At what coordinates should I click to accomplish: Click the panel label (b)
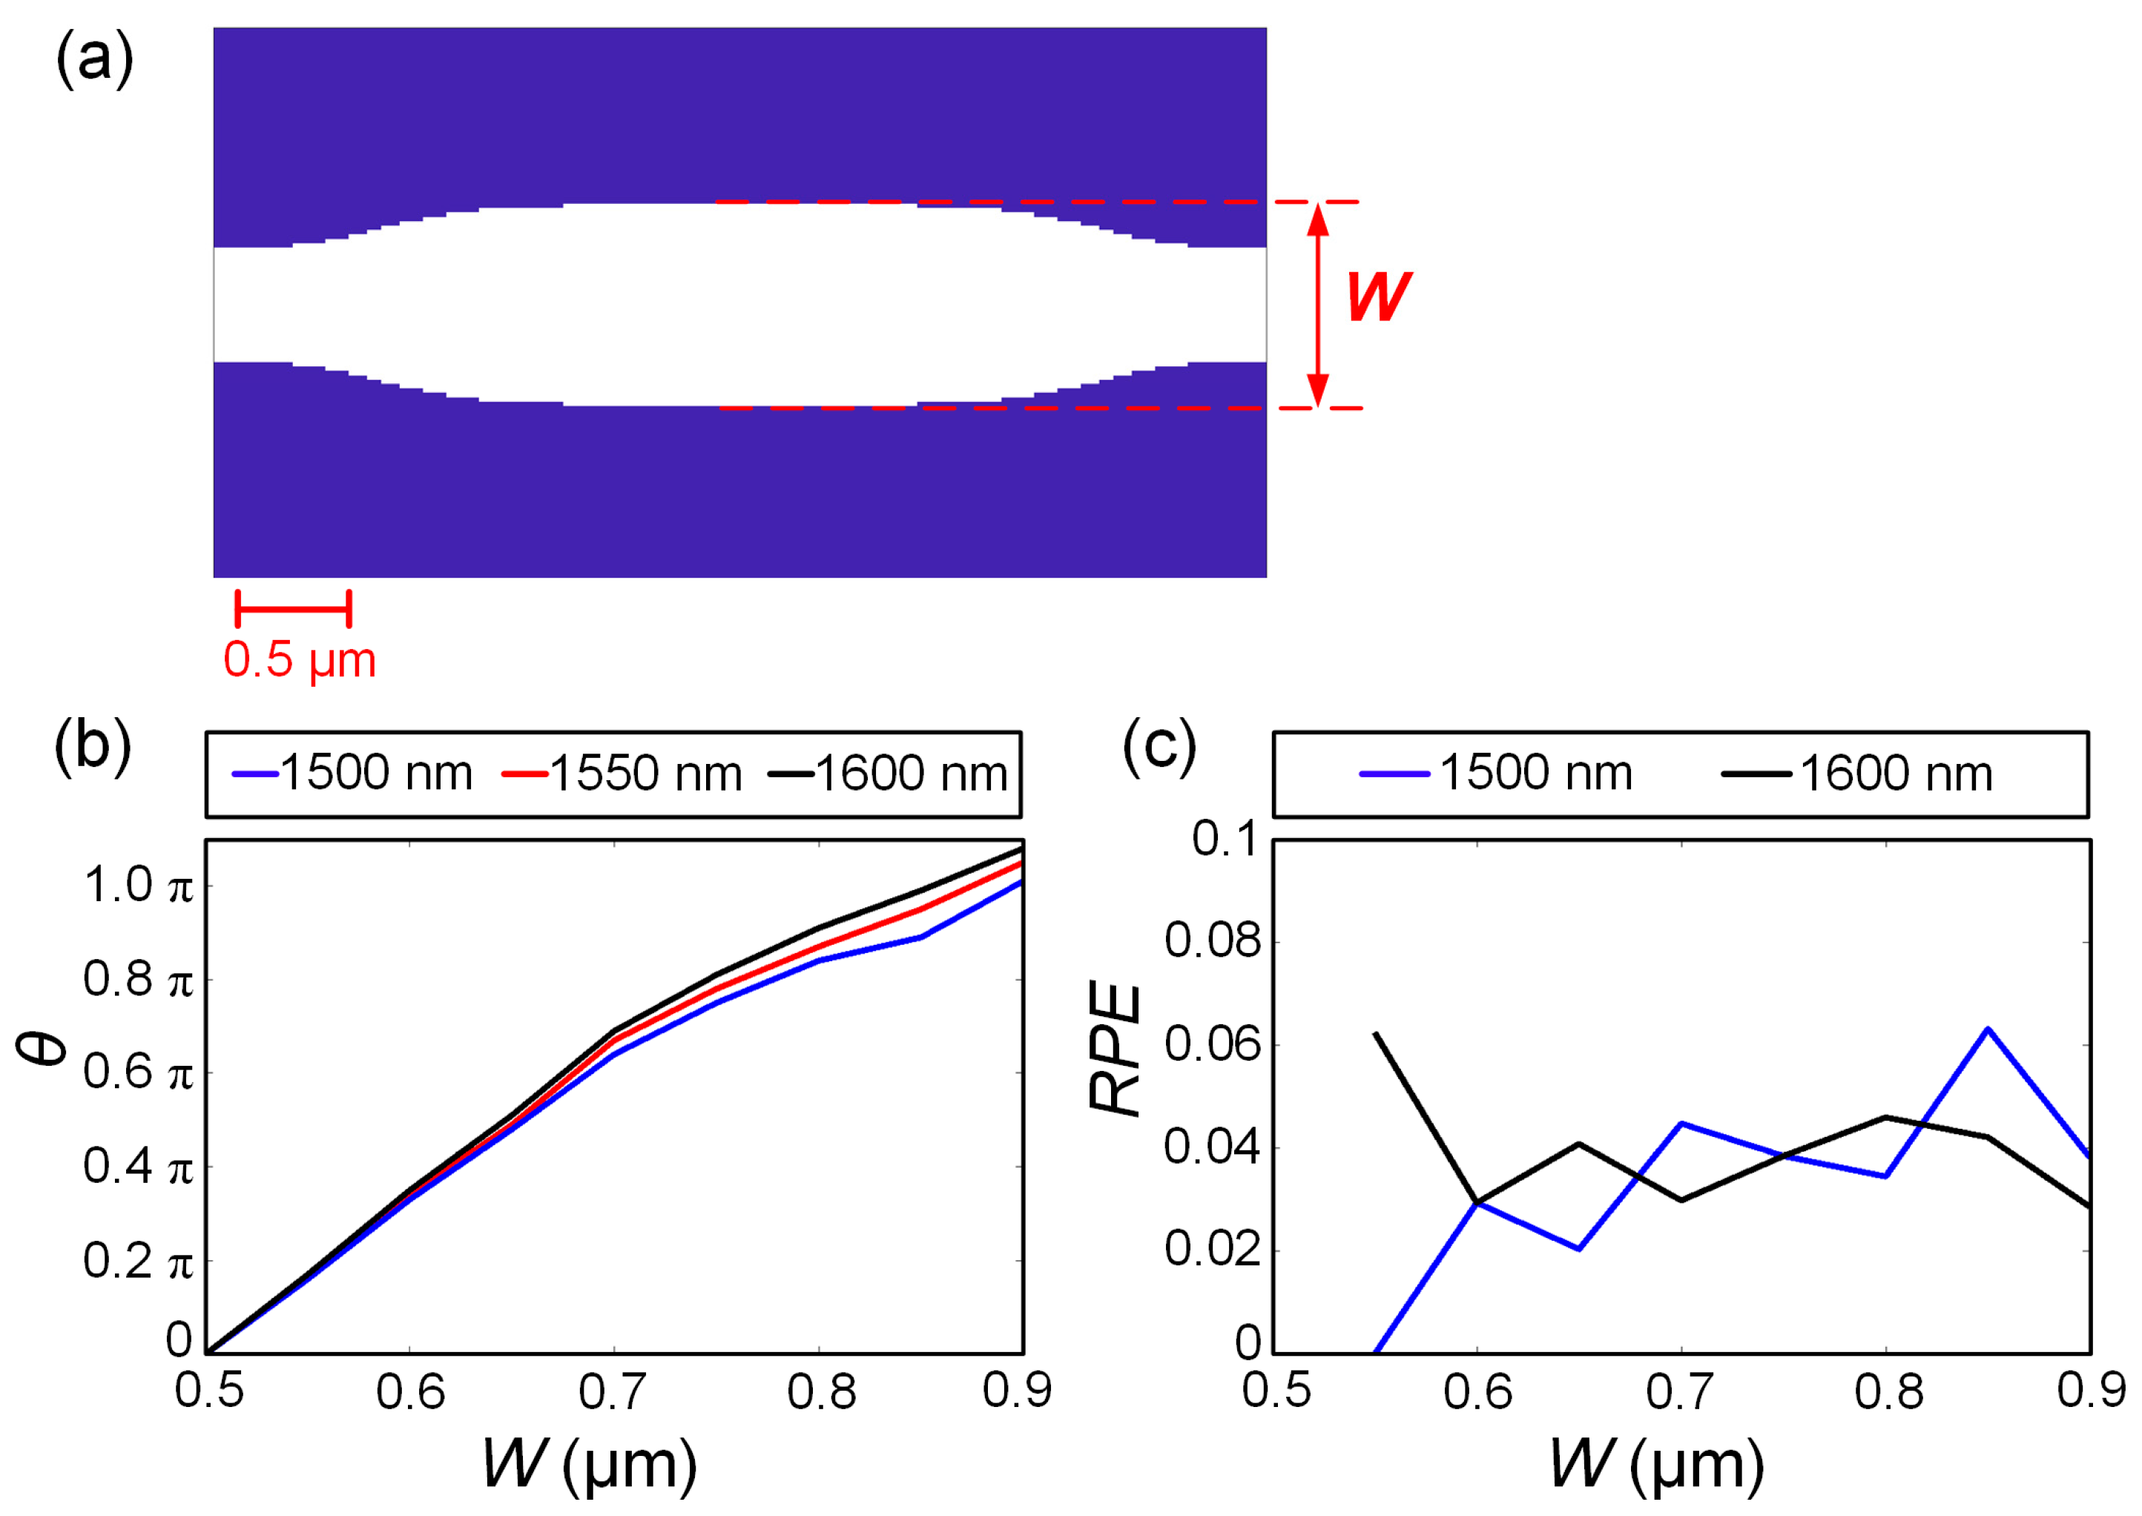93,747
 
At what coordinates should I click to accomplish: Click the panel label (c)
1159,747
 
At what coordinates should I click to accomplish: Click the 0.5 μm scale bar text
300,661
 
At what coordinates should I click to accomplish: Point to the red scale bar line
293,609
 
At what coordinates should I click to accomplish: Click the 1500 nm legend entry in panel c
1496,774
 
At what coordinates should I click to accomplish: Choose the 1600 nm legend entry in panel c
1857,774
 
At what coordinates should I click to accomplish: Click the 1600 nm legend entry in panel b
889,774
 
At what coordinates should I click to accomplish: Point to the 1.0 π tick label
138,885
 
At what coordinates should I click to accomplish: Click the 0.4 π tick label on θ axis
138,1166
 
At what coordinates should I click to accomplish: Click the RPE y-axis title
1116,1050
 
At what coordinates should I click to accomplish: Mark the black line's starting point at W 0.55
1375,1033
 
